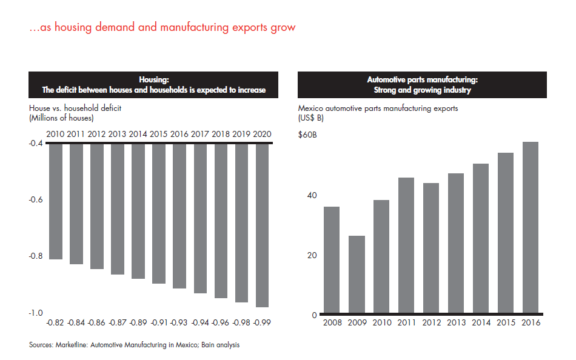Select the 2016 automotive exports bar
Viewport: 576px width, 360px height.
coord(531,228)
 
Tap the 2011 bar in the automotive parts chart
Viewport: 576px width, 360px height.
coord(406,245)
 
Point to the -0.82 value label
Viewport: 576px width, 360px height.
coord(56,323)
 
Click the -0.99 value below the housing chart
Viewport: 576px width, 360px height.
coord(263,323)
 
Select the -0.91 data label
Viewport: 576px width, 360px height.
coord(159,323)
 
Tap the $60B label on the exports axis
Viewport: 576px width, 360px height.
coord(307,135)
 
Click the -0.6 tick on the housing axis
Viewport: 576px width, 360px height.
coord(37,199)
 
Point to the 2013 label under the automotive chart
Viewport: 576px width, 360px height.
coord(456,322)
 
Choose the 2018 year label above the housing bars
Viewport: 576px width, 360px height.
coord(221,134)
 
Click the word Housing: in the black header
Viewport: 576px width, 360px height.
coord(153,79)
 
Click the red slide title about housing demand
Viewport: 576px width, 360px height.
coord(162,27)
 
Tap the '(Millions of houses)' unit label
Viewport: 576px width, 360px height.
coord(59,118)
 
